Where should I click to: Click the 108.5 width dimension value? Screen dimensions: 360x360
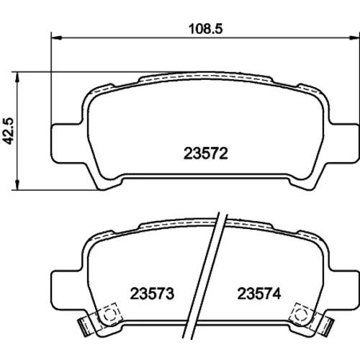tap(206, 29)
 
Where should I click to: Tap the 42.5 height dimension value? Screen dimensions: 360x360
tap(9, 131)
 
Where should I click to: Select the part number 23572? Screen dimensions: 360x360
tap(205, 153)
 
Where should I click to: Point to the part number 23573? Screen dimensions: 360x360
tap(152, 294)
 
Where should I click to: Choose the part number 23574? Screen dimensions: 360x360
tap(259, 294)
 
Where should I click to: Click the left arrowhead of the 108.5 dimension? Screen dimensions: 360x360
tap(57, 37)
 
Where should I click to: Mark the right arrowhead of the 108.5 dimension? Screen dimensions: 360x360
tap(354, 37)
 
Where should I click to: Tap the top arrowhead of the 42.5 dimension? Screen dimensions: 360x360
tap(17, 77)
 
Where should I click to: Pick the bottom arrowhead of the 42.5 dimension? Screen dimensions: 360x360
tap(17, 185)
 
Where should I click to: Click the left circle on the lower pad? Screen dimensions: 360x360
tap(109, 313)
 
